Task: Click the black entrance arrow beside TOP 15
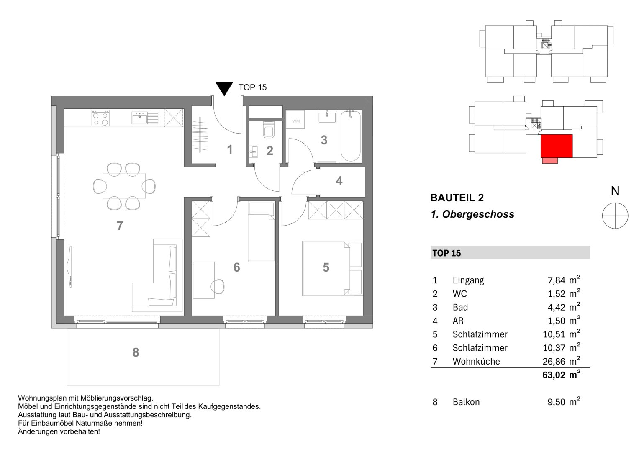(x=224, y=88)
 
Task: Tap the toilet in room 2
(x=268, y=130)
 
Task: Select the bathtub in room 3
(x=350, y=136)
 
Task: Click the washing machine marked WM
(x=296, y=121)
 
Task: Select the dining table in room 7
(x=124, y=186)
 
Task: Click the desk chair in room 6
(x=218, y=287)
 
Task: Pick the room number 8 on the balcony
(x=136, y=353)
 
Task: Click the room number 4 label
(x=339, y=181)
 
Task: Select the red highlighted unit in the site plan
(x=556, y=146)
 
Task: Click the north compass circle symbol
(x=615, y=216)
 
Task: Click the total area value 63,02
(x=554, y=375)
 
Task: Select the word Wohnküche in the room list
(x=476, y=362)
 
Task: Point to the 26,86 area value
(x=554, y=361)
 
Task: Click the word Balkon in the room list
(x=466, y=402)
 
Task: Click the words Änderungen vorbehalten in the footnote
(x=59, y=431)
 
